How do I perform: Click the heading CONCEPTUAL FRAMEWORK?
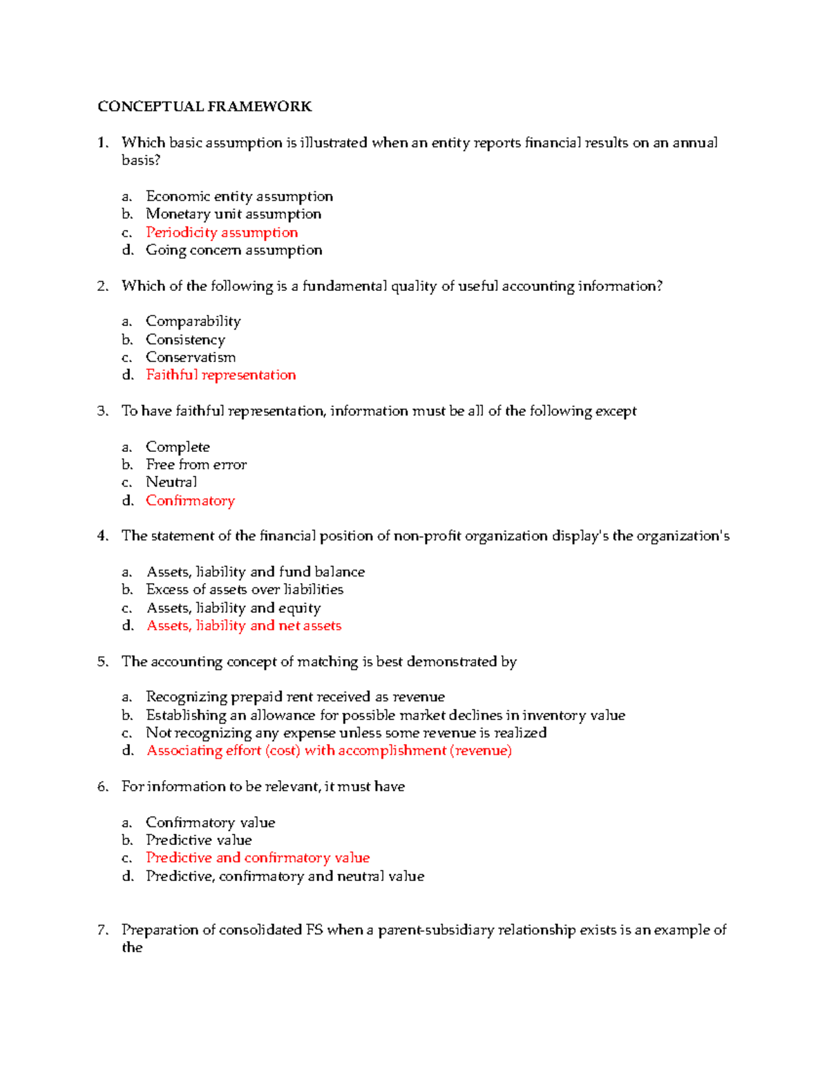[x=204, y=106]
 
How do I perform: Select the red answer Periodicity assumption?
[x=222, y=232]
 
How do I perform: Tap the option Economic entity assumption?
[x=239, y=196]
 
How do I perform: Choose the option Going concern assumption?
[x=234, y=250]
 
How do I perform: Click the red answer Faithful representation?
[x=220, y=375]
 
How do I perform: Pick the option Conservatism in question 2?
[x=190, y=357]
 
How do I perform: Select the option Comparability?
[x=193, y=321]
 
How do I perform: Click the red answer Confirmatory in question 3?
[x=190, y=501]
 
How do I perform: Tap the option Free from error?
[x=196, y=465]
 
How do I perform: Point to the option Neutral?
[x=171, y=482]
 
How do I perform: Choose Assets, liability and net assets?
[x=244, y=626]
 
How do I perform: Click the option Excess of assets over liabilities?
[x=245, y=589]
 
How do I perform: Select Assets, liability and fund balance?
[x=255, y=572]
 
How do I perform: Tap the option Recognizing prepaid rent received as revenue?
[x=295, y=697]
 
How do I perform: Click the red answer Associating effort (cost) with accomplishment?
[x=329, y=751]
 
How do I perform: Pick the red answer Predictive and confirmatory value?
[x=258, y=858]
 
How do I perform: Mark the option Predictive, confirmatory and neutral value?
[x=285, y=876]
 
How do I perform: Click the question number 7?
[x=102, y=930]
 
